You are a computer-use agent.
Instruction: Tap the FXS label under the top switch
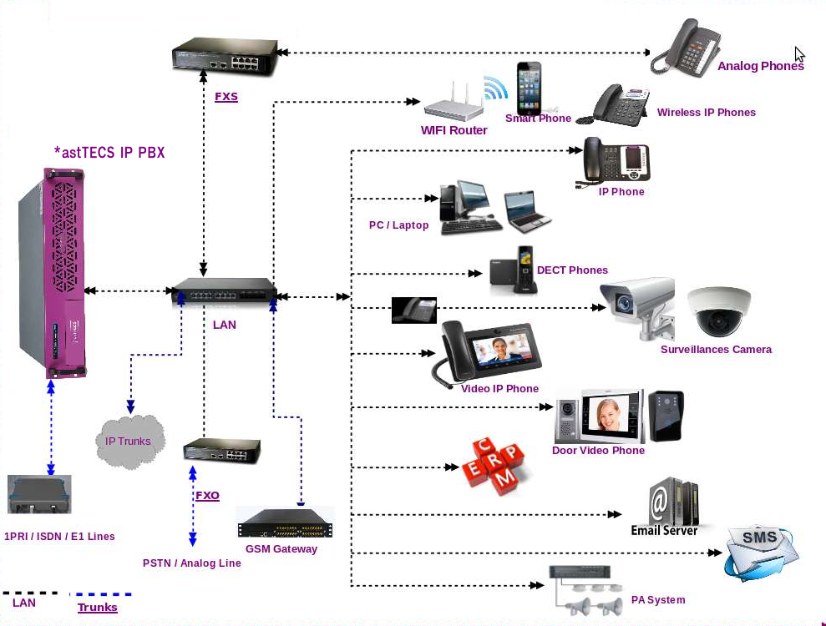click(226, 97)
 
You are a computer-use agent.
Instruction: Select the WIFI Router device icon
click(454, 104)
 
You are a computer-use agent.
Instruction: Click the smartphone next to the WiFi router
click(528, 88)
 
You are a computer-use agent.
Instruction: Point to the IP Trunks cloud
click(129, 441)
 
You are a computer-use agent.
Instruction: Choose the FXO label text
click(207, 496)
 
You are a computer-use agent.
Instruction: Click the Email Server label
click(664, 531)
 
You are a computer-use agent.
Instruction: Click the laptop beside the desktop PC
click(526, 210)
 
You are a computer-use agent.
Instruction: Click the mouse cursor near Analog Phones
click(799, 54)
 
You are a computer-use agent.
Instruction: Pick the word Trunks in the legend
click(98, 608)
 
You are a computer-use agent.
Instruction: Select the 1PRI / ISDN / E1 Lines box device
click(39, 494)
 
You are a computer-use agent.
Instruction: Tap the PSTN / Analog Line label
click(191, 563)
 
